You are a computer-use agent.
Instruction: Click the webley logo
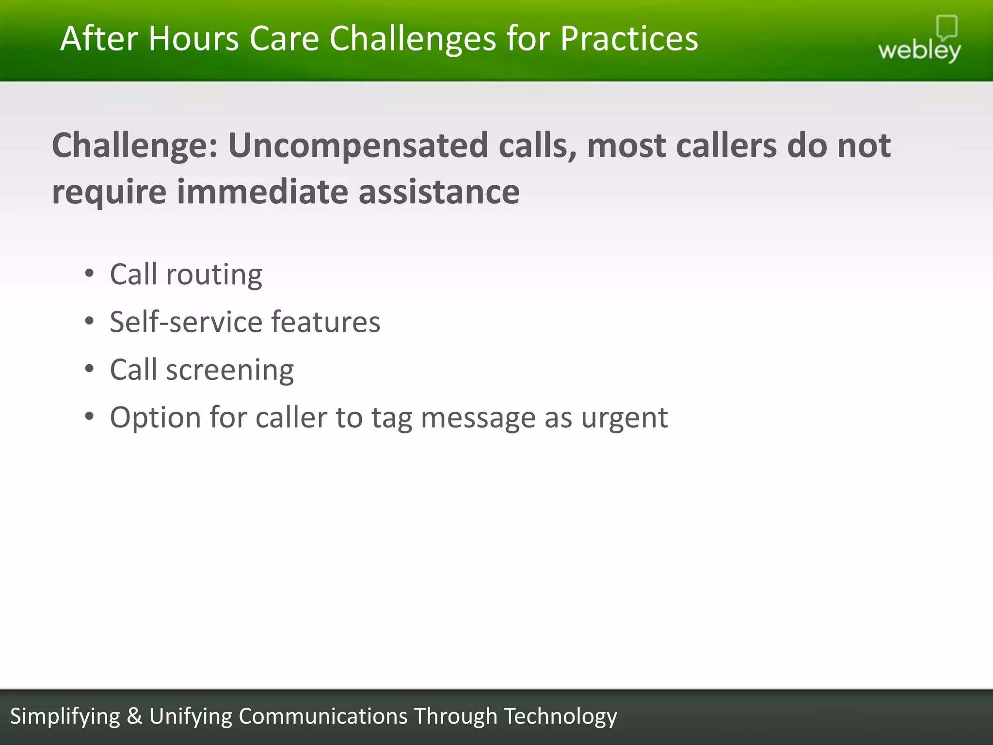point(919,41)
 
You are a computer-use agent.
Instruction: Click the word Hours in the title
point(193,38)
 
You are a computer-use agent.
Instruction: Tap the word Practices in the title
point(629,38)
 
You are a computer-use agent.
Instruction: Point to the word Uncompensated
point(358,145)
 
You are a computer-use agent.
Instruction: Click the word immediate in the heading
point(262,191)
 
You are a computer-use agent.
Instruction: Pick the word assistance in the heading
point(439,191)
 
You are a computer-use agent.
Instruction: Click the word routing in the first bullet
point(214,275)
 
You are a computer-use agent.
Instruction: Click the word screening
point(229,371)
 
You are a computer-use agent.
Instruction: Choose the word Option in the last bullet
point(155,418)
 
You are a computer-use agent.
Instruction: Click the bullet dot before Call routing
point(89,274)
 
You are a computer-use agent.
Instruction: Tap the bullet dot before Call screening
point(89,369)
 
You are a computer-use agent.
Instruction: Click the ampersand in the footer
point(134,716)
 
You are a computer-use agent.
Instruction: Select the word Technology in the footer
point(560,716)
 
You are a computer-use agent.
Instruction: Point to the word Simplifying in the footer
point(65,716)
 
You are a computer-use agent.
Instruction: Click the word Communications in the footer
point(323,716)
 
